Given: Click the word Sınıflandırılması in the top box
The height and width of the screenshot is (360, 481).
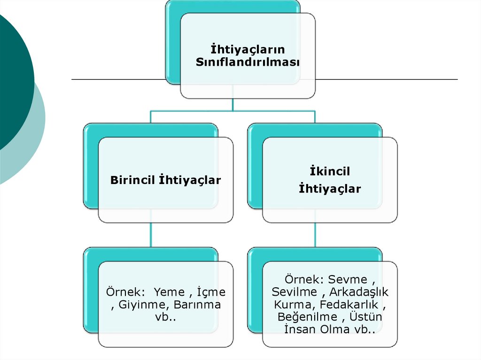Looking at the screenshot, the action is click(248, 62).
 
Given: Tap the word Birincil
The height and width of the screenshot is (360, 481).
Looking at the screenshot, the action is click(132, 180).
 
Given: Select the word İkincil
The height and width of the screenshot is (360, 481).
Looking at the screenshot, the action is click(330, 172).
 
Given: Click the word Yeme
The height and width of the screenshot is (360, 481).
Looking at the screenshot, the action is click(170, 292).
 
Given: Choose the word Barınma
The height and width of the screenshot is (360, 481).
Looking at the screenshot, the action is click(197, 305).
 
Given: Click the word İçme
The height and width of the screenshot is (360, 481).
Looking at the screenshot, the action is click(211, 292).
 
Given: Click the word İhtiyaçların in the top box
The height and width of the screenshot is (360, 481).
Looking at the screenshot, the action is click(247, 49).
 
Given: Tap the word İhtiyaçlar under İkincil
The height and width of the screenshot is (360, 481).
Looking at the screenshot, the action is click(330, 189).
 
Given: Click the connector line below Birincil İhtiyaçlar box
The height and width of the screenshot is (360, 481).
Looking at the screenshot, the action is click(151, 235).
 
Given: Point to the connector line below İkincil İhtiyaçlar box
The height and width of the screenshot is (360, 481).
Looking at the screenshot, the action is click(315, 235).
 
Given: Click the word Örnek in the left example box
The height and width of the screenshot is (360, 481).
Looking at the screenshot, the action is click(122, 292).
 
